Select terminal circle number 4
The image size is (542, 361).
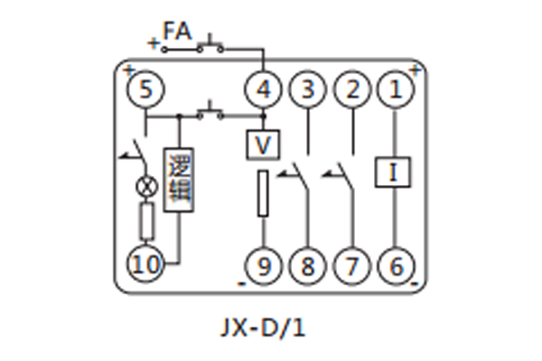263,89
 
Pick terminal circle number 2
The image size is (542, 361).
352,89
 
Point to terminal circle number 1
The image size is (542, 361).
395,89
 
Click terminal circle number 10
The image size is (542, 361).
145,265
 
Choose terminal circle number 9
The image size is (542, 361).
263,265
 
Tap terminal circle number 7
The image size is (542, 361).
352,265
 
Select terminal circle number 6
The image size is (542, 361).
395,265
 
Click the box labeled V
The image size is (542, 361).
263,144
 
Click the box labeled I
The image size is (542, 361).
395,171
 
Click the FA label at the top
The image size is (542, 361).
177,32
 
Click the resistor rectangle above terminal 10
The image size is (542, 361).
145,219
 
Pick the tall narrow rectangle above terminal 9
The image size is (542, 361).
263,193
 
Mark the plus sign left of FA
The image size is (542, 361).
152,41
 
